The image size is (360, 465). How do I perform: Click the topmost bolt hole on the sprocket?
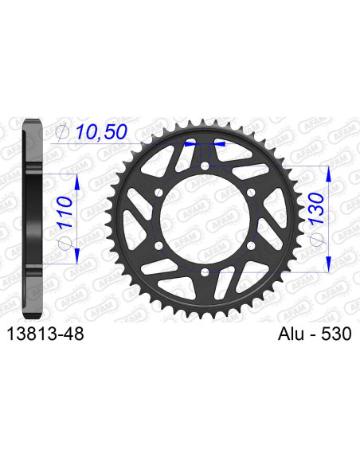pyautogui.click(x=205, y=166)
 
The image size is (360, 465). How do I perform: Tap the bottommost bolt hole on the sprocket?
pyautogui.click(x=205, y=273)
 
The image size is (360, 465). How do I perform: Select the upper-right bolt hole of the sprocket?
pyautogui.click(x=252, y=193)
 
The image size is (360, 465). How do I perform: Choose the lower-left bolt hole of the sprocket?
pyautogui.click(x=159, y=246)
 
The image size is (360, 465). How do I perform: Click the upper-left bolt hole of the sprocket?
pyautogui.click(x=159, y=193)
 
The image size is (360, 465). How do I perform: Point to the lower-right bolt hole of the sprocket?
pyautogui.click(x=252, y=246)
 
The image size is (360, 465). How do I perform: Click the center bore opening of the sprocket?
pyautogui.click(x=205, y=220)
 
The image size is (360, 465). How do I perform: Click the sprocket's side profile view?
pyautogui.click(x=30, y=219)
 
